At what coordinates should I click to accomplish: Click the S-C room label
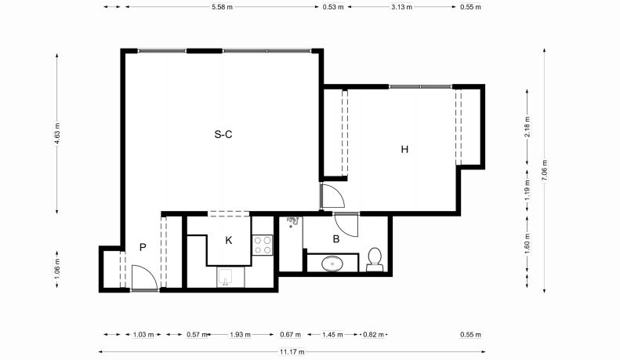pos(223,134)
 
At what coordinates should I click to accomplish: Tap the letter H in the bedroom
pos(404,149)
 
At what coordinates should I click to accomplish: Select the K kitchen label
pos(229,240)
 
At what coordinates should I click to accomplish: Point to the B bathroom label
pos(336,239)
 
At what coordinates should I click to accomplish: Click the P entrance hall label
pos(143,247)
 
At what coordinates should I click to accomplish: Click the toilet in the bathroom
pos(375,260)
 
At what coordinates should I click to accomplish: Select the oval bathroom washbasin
pos(332,264)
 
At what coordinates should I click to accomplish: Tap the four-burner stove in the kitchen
pos(263,245)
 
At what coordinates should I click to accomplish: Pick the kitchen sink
pos(226,278)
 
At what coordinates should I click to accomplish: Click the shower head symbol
pos(292,221)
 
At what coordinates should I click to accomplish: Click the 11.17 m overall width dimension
pos(292,351)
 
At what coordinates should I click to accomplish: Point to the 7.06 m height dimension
pos(545,170)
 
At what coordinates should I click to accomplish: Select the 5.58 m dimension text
pos(223,7)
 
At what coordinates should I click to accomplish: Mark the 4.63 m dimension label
pos(57,133)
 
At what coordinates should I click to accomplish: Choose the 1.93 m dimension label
pos(241,335)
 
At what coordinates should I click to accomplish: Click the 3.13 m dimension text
pos(402,7)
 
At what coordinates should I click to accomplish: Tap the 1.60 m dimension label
pos(527,244)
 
